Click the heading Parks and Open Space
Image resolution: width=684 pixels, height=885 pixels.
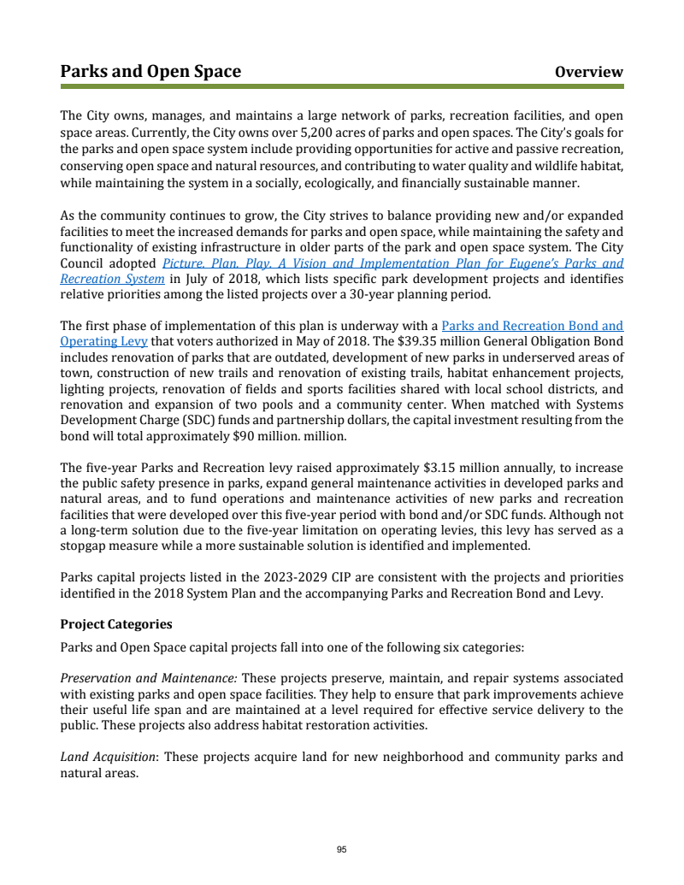150,71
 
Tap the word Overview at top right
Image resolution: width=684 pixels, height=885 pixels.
589,72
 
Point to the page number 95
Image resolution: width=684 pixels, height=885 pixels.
341,849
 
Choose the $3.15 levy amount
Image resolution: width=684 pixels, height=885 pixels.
443,468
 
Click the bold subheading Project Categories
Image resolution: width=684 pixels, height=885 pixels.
116,624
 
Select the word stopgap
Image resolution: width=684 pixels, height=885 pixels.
85,546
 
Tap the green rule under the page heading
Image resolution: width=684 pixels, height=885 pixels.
342,86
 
